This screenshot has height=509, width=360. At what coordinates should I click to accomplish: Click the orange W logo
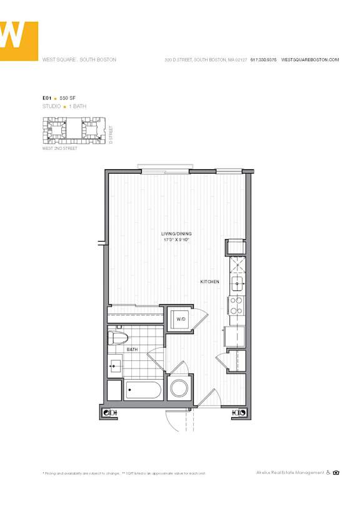tap(19, 41)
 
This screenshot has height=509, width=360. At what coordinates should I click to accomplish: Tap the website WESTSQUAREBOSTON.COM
tap(310, 60)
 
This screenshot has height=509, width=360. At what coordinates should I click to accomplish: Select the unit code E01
tap(46, 98)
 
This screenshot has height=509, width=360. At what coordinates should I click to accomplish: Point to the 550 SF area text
tap(68, 98)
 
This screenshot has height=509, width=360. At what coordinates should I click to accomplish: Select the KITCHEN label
tap(209, 282)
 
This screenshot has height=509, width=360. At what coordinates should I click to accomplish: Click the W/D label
tap(181, 319)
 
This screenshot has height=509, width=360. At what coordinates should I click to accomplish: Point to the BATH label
tap(132, 350)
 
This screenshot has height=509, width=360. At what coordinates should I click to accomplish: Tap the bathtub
tap(143, 391)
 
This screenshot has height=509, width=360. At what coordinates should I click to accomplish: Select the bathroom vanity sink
tap(115, 365)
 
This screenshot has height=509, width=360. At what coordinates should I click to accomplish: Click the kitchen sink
tap(237, 285)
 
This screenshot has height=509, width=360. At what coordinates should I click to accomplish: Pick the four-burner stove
tap(237, 305)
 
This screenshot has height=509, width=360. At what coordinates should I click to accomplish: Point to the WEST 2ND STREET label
tap(60, 149)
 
